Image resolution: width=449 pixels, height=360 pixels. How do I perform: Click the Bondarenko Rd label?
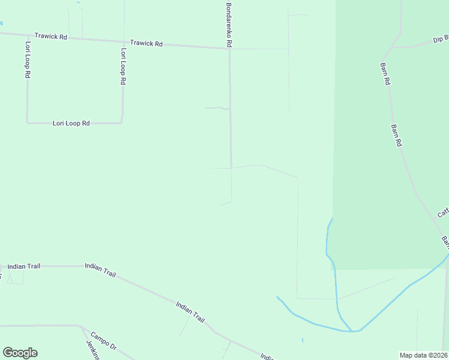click(x=229, y=25)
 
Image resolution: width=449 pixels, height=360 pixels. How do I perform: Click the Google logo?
click(x=20, y=353)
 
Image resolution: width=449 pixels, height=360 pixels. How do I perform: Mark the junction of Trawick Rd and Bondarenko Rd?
click(x=229, y=49)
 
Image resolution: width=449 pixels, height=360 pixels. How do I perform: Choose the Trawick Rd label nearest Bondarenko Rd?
click(x=146, y=44)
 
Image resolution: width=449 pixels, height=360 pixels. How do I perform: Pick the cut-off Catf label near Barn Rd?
click(x=443, y=212)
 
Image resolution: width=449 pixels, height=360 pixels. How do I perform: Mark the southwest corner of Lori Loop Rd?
click(x=27, y=122)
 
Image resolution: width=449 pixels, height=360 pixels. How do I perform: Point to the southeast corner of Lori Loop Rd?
click(x=122, y=123)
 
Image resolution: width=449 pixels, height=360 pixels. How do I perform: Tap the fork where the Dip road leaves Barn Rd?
click(x=394, y=47)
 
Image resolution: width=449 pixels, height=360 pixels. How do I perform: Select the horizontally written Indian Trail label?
click(x=24, y=266)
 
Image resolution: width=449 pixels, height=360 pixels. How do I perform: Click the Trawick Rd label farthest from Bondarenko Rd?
click(x=50, y=37)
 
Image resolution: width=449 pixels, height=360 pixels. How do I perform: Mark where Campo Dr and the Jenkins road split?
click(x=82, y=327)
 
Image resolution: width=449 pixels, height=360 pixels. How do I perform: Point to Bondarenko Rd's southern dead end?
click(x=231, y=201)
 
